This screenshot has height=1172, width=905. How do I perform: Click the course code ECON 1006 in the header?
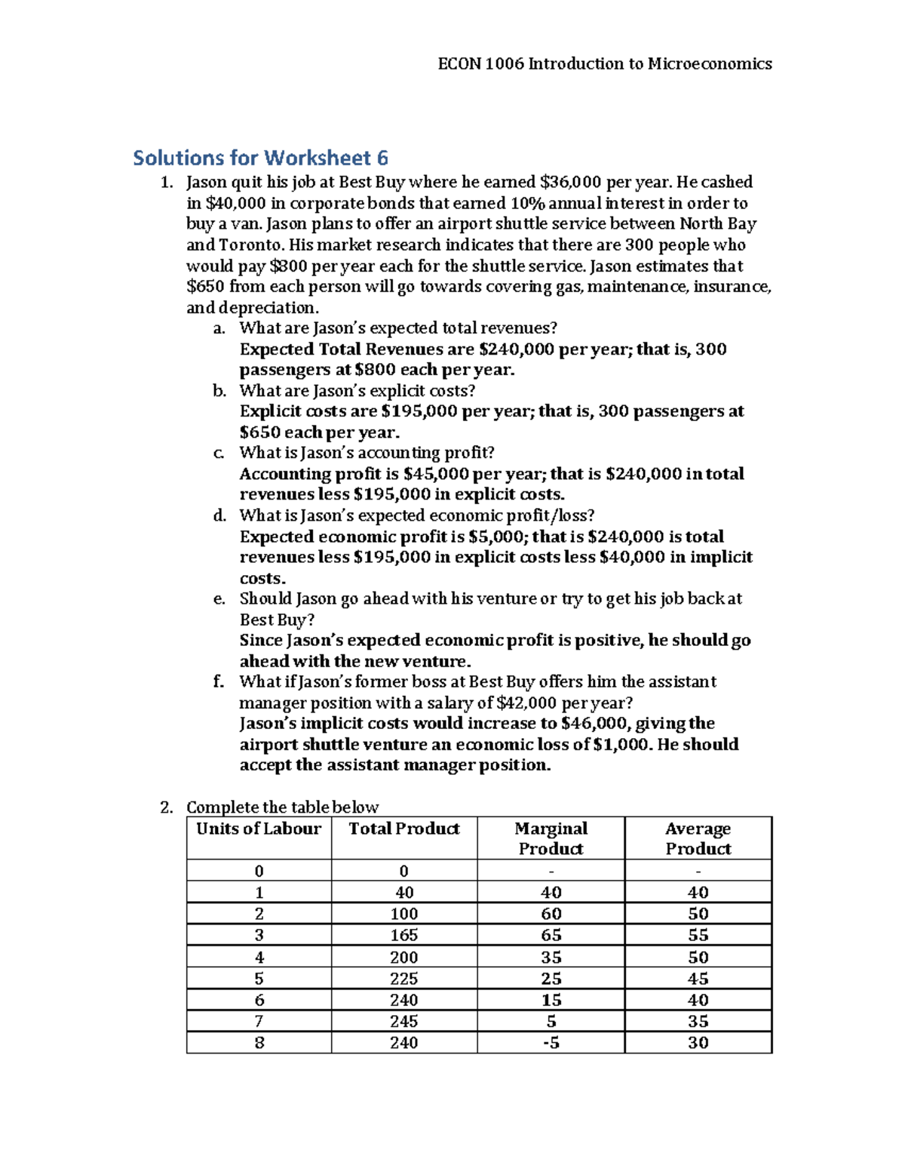(480, 64)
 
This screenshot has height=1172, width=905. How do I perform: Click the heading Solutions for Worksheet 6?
(260, 158)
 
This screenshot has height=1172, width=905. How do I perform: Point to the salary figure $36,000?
(571, 182)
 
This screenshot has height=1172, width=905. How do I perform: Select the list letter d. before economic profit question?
(219, 515)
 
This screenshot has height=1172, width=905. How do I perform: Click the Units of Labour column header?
(259, 829)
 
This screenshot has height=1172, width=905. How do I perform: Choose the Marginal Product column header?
(551, 838)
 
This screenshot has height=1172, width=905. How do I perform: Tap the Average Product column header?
(698, 838)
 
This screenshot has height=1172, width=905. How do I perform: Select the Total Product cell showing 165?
(404, 935)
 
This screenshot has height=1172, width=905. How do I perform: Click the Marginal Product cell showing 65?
(551, 935)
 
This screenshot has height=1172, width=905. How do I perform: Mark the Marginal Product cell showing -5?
(551, 1042)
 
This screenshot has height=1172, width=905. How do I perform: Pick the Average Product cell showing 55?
(698, 935)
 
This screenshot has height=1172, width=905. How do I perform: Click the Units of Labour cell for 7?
(259, 1021)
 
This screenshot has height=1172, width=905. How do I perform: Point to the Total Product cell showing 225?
(404, 978)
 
